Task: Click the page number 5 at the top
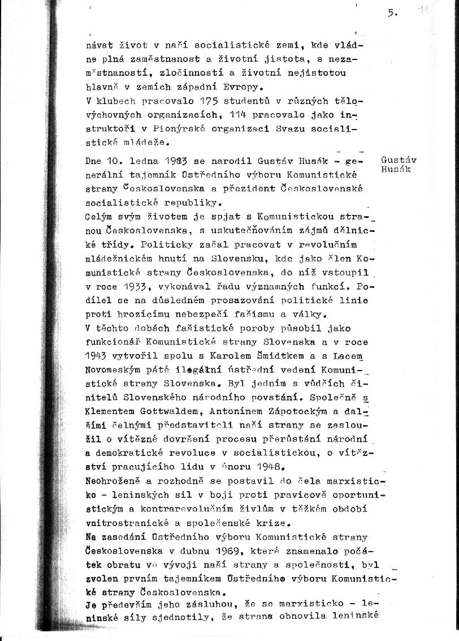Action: tap(391, 14)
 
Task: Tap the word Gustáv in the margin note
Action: tap(399, 160)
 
